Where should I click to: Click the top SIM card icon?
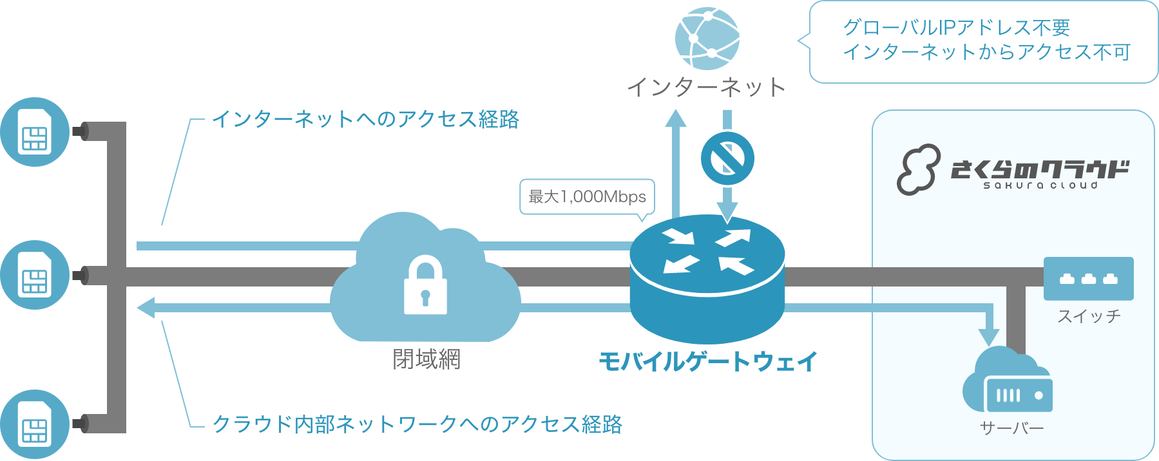point(35,131)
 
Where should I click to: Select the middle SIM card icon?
point(35,275)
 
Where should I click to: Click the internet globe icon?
point(707,38)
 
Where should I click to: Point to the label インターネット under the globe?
point(707,87)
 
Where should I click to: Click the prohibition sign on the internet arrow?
point(727,158)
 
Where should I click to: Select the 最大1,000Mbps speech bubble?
point(587,196)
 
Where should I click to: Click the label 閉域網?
point(426,359)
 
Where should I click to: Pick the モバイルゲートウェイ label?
point(708,361)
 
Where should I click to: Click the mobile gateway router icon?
point(707,277)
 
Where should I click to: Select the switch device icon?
point(1088,278)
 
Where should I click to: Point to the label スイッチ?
point(1089,316)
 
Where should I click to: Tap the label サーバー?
point(1011,428)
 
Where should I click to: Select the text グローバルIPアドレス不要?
point(956,28)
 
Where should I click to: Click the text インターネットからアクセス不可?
point(986,52)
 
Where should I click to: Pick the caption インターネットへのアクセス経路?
point(365,119)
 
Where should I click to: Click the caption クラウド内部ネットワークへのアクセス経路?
point(417,424)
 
